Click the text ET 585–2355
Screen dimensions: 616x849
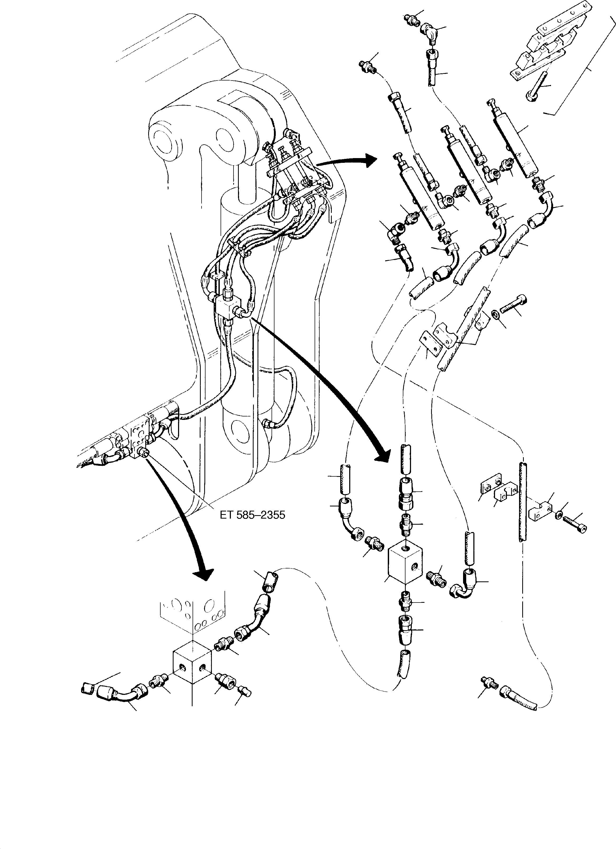click(253, 515)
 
